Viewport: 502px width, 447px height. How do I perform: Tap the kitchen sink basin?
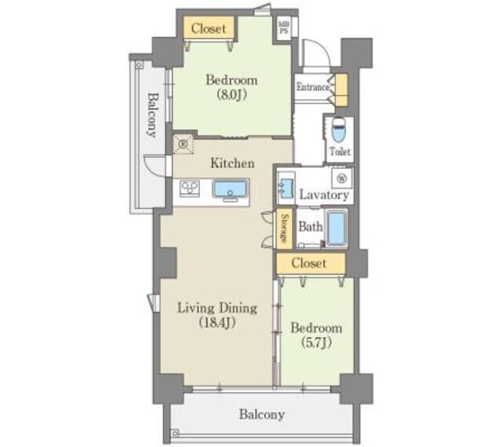230,189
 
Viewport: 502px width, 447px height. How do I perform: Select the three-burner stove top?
190,189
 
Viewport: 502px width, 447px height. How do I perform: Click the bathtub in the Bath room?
336,229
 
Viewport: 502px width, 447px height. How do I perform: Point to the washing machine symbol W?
342,178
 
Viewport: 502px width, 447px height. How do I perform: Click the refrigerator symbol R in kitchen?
184,145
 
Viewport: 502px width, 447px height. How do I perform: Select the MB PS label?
284,27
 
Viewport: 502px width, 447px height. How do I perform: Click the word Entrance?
312,87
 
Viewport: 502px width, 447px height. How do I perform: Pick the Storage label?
284,228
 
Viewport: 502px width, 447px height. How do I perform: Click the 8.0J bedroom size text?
231,94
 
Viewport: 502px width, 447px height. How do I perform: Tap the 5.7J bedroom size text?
316,343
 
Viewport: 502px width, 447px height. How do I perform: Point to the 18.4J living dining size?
217,323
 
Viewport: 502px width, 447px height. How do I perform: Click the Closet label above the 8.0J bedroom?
209,28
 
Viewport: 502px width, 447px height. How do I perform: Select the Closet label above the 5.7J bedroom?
309,263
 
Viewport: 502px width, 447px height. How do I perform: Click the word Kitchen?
233,163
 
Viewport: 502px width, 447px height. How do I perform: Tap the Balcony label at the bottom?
262,415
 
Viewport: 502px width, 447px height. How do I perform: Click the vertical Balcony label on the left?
153,115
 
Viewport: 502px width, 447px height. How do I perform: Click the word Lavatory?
324,195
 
